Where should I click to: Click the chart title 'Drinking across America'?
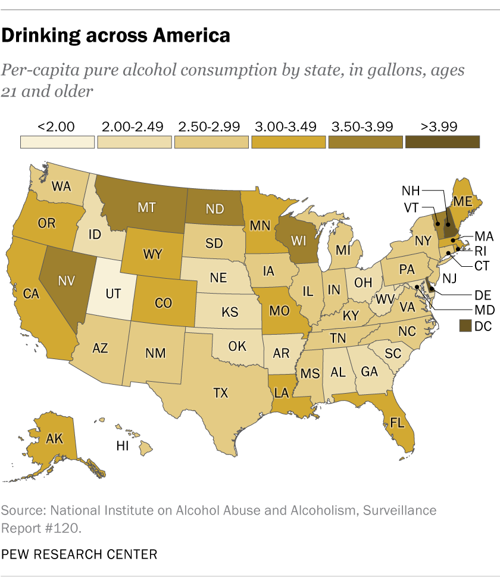click(115, 36)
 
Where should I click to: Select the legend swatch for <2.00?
click(57, 142)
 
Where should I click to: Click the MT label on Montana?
click(148, 208)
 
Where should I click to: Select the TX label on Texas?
click(221, 393)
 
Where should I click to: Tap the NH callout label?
click(411, 191)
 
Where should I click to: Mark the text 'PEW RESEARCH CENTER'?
click(80, 554)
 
